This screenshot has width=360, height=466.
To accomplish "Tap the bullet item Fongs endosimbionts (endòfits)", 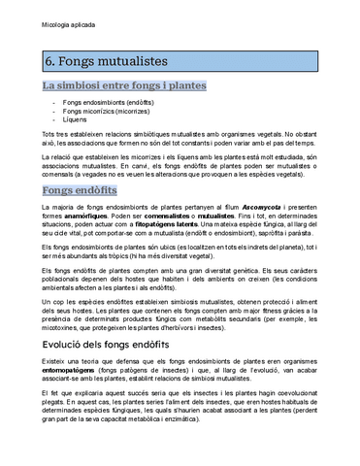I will (x=104, y=102).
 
